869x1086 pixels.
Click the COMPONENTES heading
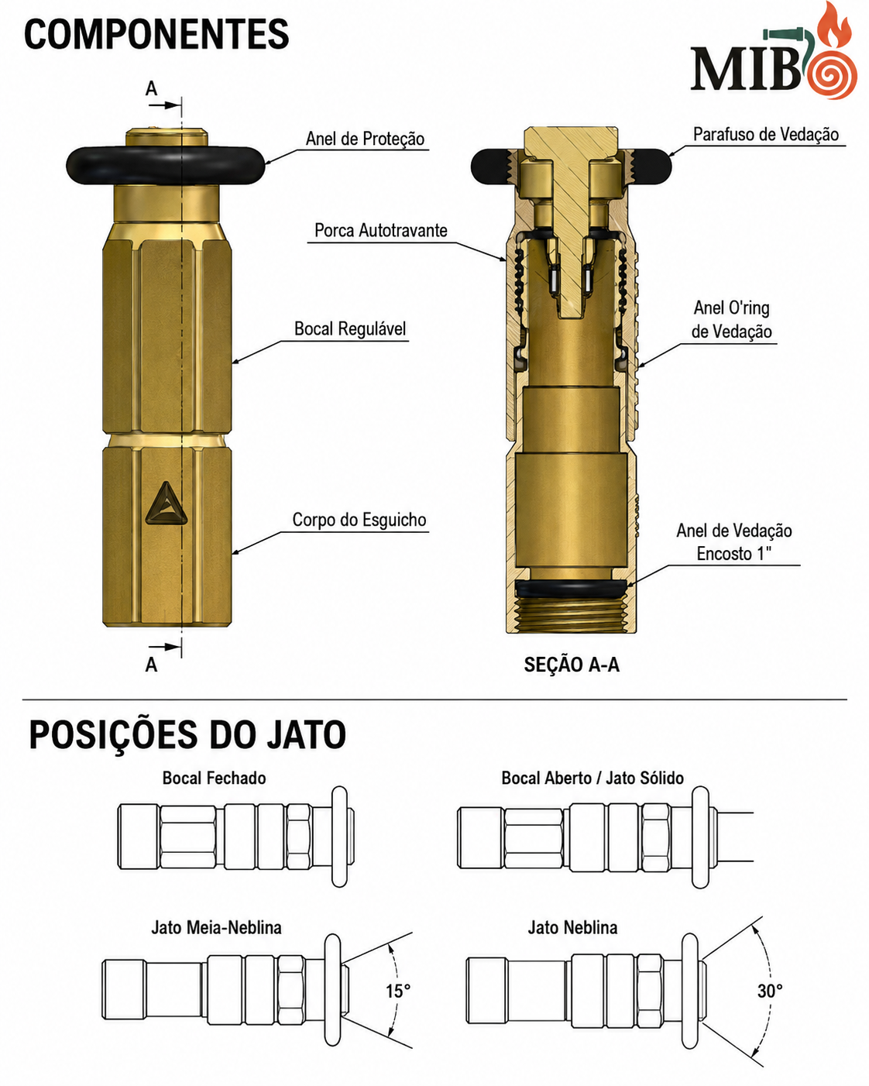click(156, 34)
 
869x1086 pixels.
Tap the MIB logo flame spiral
click(832, 74)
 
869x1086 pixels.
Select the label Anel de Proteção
click(365, 139)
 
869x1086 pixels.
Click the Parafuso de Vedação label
click(765, 134)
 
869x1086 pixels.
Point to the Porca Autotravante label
click(380, 231)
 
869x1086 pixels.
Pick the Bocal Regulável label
click(350, 329)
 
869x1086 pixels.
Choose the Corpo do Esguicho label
click(359, 520)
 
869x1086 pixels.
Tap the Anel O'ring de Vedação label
click(731, 319)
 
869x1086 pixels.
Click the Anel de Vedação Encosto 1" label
click(733, 542)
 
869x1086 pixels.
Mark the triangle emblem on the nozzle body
click(166, 505)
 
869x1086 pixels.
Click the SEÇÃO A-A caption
click(572, 665)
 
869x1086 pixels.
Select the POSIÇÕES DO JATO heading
click(187, 734)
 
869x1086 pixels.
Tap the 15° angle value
click(398, 991)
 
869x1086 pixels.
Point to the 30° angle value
click(770, 991)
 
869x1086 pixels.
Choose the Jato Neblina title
click(572, 927)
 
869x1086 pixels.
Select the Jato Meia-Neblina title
click(216, 927)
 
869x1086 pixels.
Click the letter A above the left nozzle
click(151, 89)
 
